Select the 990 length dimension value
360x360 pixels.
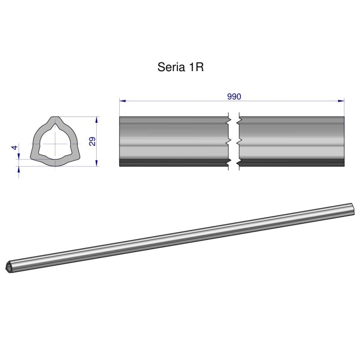[x=234, y=96]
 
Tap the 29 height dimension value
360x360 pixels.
[x=92, y=141]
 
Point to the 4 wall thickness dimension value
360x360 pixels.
[x=14, y=148]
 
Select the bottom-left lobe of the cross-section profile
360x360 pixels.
[x=34, y=156]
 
